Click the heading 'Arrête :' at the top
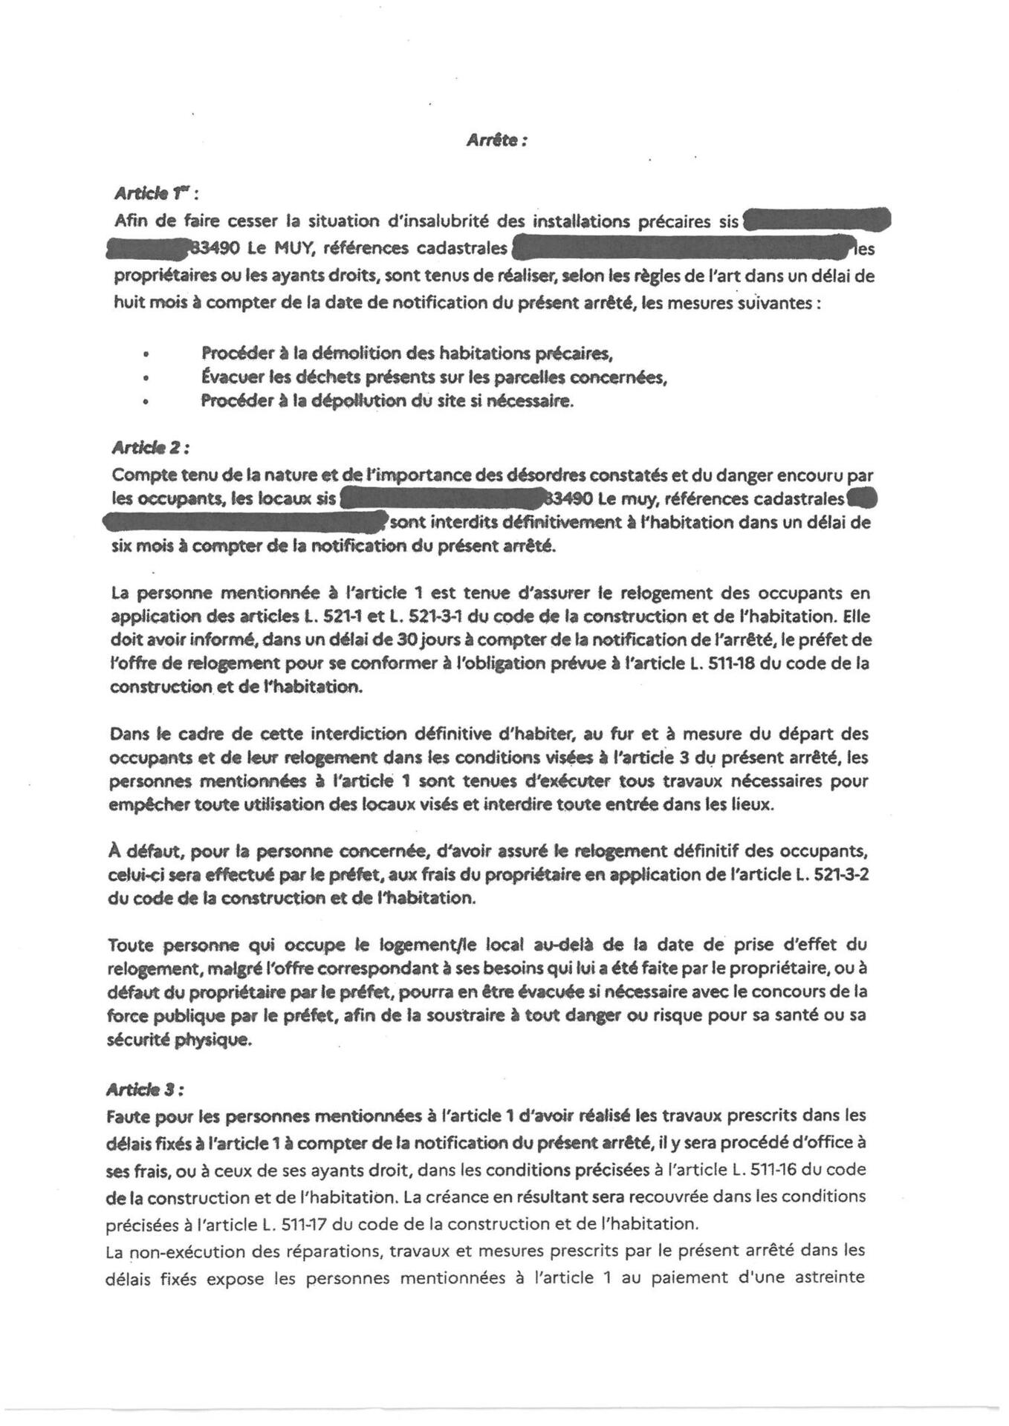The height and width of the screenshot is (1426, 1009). (x=496, y=140)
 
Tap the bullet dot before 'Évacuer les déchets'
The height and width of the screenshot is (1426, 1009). (x=147, y=378)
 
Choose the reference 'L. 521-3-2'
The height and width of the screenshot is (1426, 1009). (x=832, y=874)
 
